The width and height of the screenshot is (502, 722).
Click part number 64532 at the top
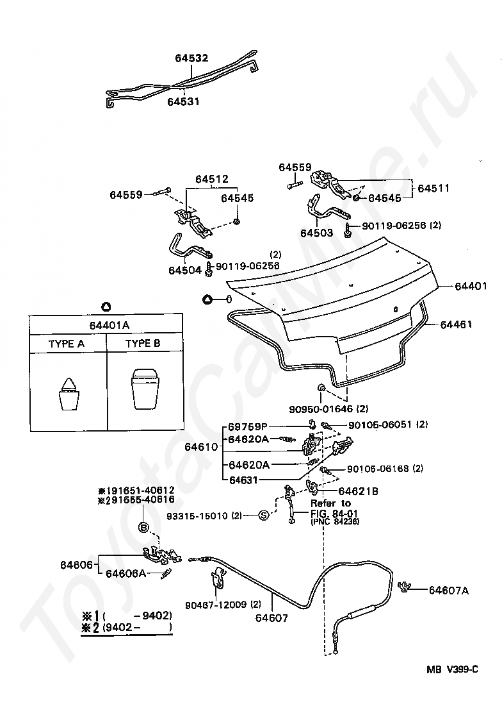(191, 58)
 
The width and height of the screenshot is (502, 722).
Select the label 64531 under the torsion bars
(184, 101)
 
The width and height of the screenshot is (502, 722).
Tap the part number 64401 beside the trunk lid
(471, 285)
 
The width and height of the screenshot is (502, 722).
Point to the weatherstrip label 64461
(456, 324)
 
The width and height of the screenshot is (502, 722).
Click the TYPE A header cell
(67, 344)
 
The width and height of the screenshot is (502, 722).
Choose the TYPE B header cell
(143, 344)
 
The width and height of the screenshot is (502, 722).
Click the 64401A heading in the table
(105, 324)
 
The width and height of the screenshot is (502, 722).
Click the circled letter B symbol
(145, 528)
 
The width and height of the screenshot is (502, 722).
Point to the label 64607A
(448, 591)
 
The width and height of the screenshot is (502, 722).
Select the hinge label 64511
(433, 189)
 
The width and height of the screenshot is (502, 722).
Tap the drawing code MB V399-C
(453, 669)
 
